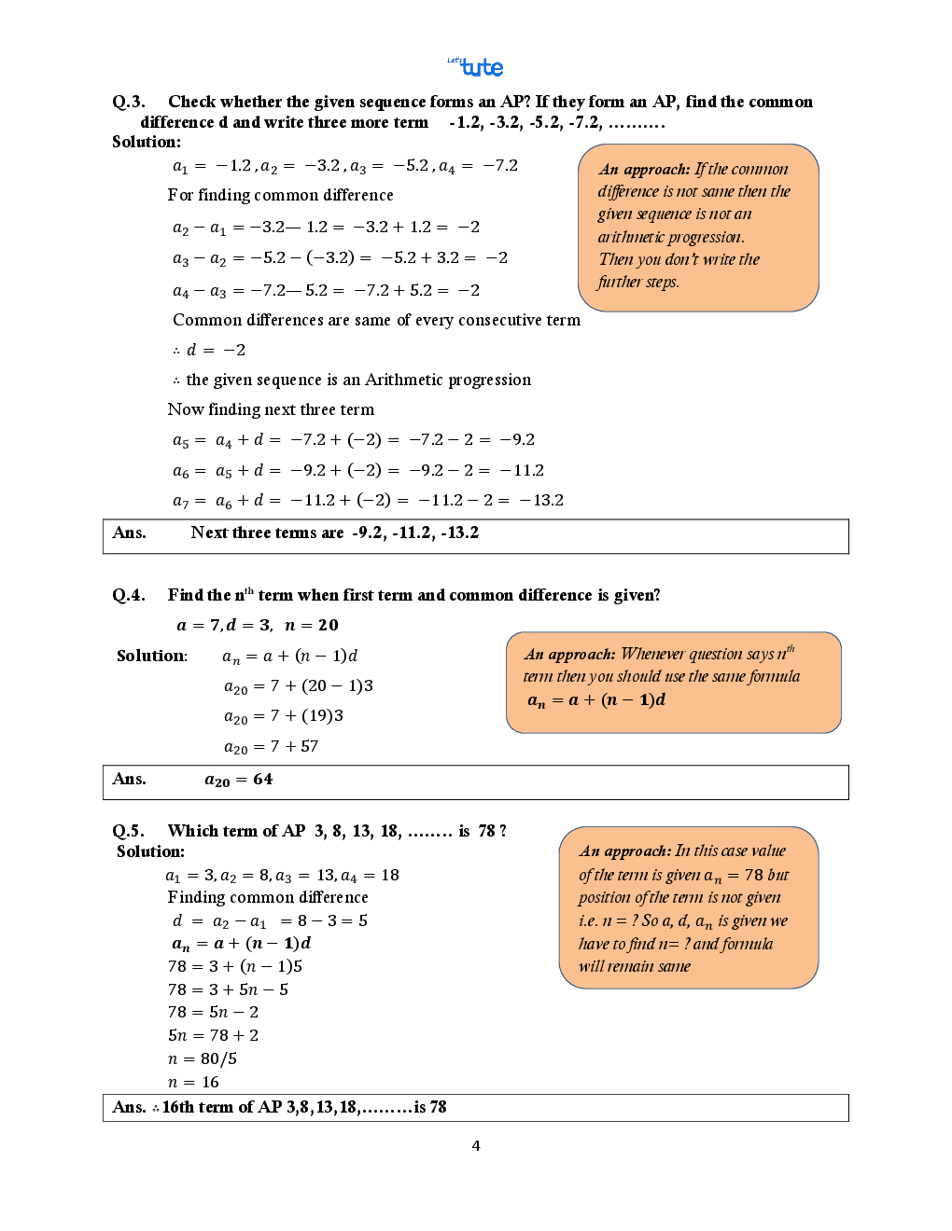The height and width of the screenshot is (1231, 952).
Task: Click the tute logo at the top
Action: (478, 67)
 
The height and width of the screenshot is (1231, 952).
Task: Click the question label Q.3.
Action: (128, 102)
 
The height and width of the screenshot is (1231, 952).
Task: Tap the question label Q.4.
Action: (128, 595)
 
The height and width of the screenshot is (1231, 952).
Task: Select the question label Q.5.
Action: (128, 831)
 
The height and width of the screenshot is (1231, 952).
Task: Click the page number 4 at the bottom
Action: (476, 1145)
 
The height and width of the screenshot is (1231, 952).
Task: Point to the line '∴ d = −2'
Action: (209, 350)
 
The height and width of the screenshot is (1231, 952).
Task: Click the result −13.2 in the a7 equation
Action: (541, 500)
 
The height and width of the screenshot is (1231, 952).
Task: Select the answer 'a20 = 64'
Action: (239, 780)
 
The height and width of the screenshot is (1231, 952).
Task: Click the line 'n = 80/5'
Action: (203, 1058)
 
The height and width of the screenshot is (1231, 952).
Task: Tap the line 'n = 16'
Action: (193, 1082)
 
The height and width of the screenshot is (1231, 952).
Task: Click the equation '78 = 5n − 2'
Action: (213, 1012)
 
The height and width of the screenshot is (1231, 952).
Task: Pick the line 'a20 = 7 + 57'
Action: (271, 746)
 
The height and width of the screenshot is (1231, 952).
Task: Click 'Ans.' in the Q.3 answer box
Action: (129, 533)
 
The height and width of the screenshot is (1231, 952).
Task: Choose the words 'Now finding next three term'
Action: (271, 409)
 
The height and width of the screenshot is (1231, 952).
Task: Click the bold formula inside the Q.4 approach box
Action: (596, 699)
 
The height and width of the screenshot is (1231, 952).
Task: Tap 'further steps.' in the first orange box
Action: (638, 282)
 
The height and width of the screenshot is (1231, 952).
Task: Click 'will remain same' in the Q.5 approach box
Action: (634, 966)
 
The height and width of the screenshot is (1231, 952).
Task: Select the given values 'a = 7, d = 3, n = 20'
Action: (258, 625)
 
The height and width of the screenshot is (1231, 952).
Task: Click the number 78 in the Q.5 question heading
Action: (486, 831)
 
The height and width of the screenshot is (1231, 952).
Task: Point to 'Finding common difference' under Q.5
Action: (268, 897)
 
